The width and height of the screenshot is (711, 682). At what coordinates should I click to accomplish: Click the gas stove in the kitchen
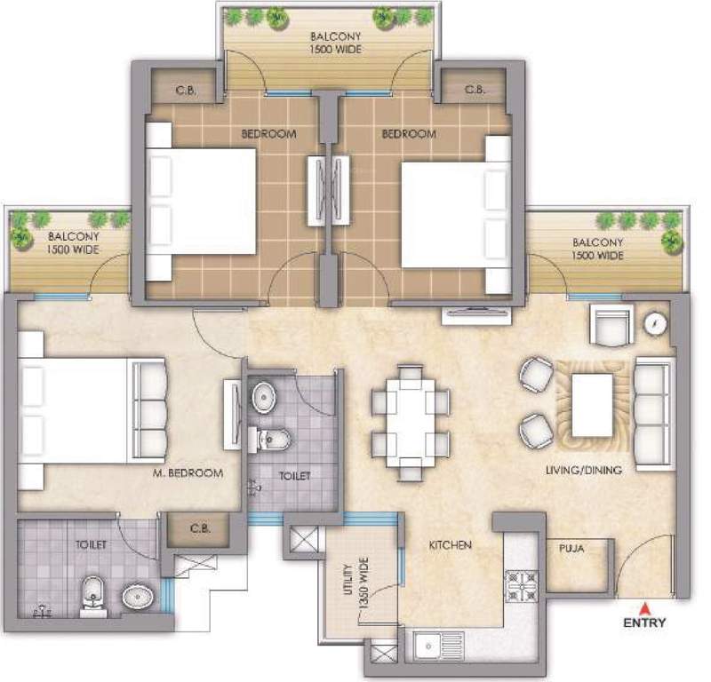coord(519,584)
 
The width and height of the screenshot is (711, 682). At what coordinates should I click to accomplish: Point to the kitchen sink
coord(436,645)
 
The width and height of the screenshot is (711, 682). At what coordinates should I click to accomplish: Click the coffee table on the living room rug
coord(592,403)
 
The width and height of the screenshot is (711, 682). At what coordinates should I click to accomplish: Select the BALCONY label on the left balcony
coord(68,236)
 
